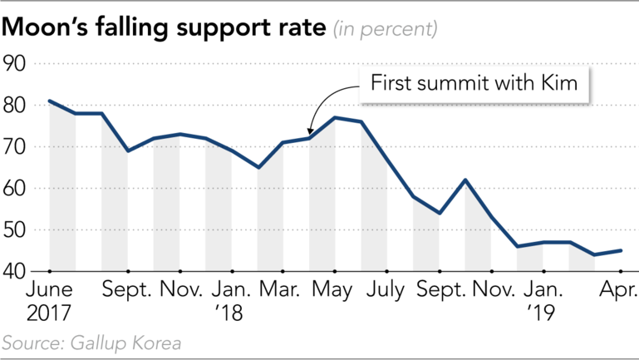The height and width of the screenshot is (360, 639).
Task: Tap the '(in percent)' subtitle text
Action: coord(385,29)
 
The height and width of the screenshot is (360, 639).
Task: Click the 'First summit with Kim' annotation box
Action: coord(474,85)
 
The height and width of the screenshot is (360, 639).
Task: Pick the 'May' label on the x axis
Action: coord(335,292)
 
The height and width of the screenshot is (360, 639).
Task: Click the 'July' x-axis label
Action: coord(387,292)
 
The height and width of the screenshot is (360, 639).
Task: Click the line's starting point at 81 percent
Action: coord(50,101)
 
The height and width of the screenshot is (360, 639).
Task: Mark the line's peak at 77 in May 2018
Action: coord(335,118)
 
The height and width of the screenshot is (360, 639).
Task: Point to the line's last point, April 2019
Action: coord(621,250)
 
